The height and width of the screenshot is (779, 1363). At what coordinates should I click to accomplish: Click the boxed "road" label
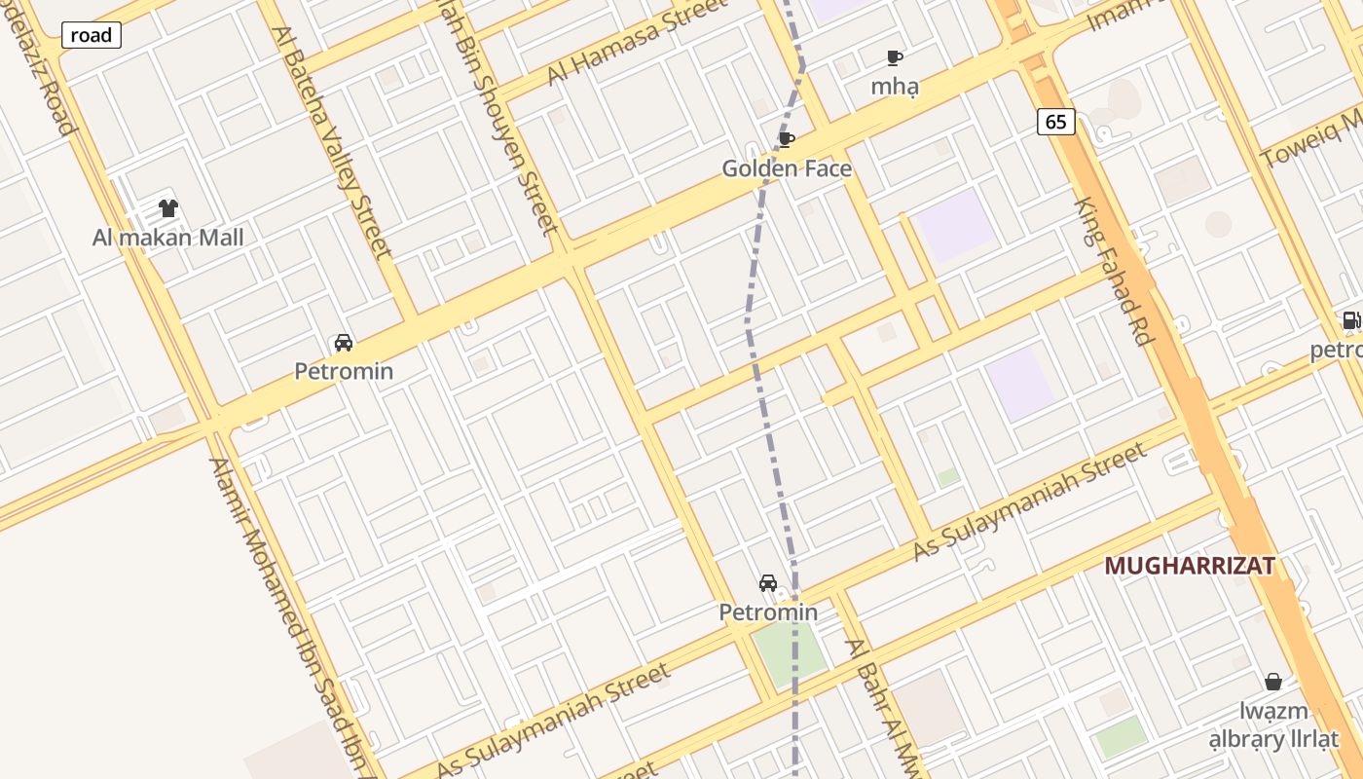click(x=92, y=36)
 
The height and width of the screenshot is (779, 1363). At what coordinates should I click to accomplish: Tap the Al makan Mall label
click(x=167, y=238)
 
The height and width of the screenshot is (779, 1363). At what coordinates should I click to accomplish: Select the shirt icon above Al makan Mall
click(x=168, y=207)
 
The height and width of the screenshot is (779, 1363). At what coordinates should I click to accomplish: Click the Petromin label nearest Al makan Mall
click(x=344, y=371)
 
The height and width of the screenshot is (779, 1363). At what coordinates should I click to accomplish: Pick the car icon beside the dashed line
click(x=768, y=583)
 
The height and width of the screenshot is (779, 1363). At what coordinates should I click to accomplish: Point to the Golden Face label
click(x=787, y=168)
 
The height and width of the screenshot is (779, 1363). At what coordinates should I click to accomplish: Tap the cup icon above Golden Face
click(x=787, y=140)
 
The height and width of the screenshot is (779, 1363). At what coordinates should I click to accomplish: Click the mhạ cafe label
click(x=895, y=86)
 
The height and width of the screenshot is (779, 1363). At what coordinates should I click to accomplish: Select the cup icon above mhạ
click(x=895, y=57)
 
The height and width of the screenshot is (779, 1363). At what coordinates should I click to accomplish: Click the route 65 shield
click(x=1056, y=122)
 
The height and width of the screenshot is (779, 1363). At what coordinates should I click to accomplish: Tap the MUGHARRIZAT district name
click(x=1189, y=566)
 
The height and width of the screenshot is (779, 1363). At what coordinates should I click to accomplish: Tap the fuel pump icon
click(x=1351, y=320)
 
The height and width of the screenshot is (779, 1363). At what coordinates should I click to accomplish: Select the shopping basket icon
click(x=1272, y=682)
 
